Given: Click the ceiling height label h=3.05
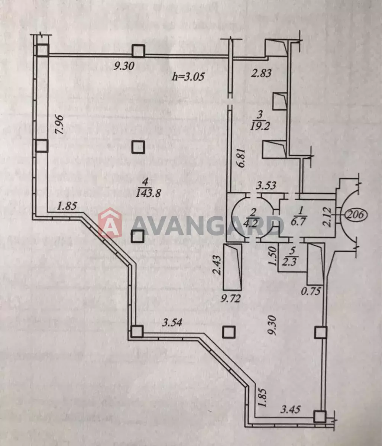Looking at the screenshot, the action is pyautogui.click(x=188, y=77).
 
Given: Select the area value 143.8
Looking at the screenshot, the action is pyautogui.click(x=148, y=193).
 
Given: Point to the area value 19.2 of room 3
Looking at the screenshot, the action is pyautogui.click(x=260, y=126).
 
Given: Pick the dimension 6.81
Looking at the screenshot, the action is pyautogui.click(x=242, y=158).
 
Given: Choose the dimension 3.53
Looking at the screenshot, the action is pyautogui.click(x=266, y=185).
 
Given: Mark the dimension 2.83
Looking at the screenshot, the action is pyautogui.click(x=261, y=73).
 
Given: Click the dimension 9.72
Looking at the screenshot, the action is pyautogui.click(x=230, y=298).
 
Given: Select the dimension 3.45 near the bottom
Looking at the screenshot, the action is pyautogui.click(x=290, y=409).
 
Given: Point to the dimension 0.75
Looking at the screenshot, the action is pyautogui.click(x=311, y=291).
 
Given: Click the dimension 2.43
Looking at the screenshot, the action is pyautogui.click(x=217, y=265).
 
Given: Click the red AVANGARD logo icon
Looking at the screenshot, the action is pyautogui.click(x=110, y=223).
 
